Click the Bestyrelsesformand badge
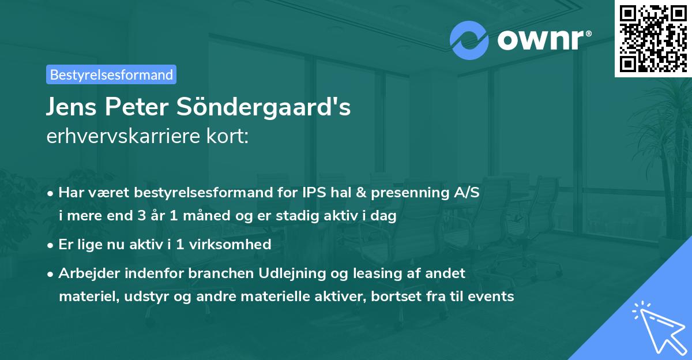(111, 74)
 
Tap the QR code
(653, 38)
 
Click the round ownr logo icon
(469, 40)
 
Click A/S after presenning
(467, 193)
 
